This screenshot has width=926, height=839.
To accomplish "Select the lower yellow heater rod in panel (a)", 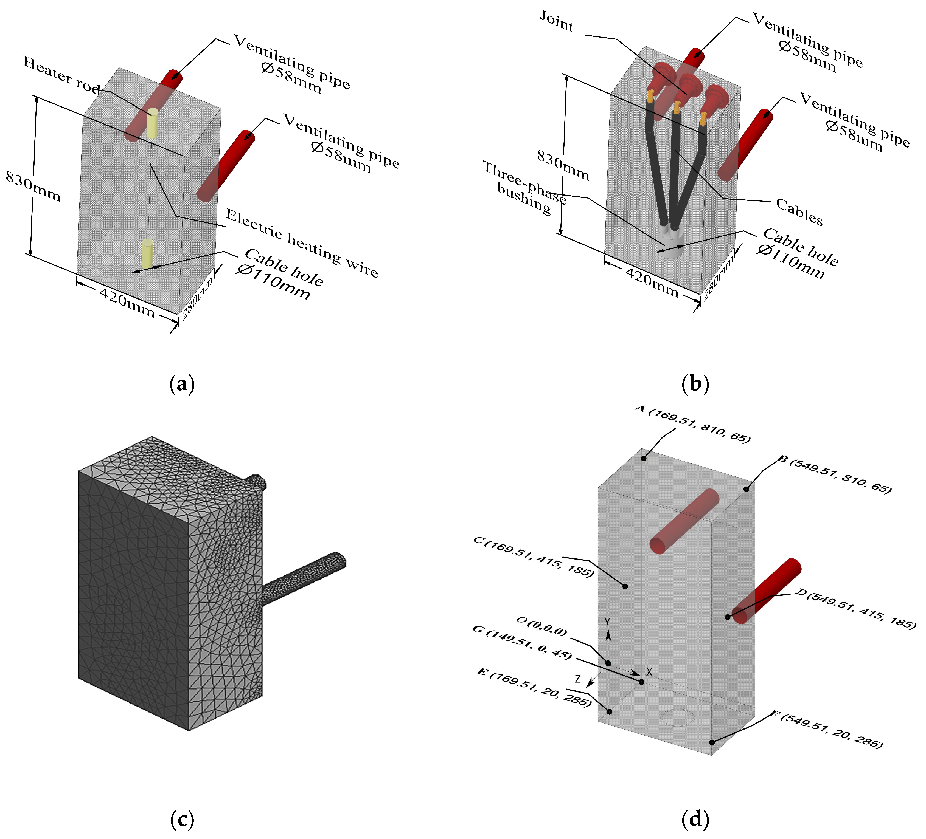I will [147, 253].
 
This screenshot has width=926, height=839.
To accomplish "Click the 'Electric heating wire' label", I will [302, 243].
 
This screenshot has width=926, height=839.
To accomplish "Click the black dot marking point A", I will [644, 458].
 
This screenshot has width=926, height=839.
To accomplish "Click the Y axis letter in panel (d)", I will [607, 622].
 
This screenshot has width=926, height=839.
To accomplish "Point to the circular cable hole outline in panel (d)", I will [678, 717].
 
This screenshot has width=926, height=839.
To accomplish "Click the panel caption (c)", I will [182, 819].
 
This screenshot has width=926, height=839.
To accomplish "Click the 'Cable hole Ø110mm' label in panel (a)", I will [280, 274].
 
